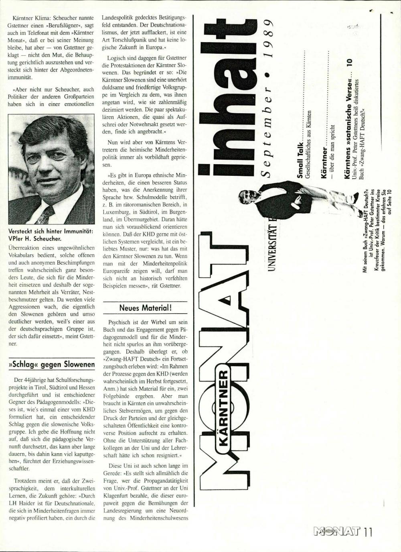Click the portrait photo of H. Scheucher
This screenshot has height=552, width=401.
coord(51,169)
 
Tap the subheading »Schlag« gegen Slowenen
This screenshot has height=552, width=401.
coord(51,365)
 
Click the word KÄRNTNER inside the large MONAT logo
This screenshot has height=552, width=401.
coord(223,405)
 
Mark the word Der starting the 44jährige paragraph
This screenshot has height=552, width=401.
coord(18,380)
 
